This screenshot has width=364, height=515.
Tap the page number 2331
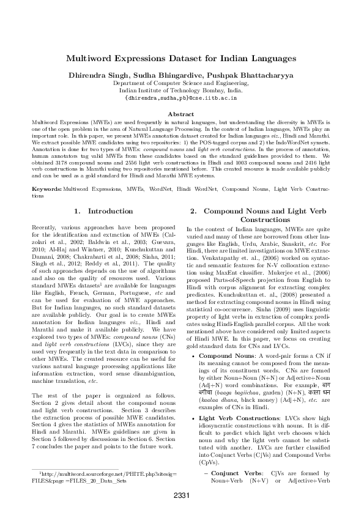coord(182,495)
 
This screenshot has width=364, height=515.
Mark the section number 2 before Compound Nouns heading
coord(192,211)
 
